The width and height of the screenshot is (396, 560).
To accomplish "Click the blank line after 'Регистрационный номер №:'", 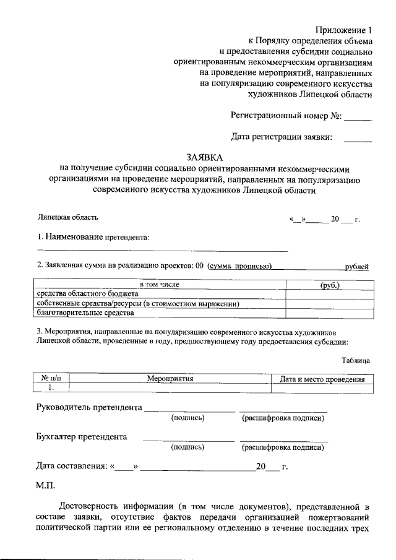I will pyautogui.click(x=358, y=116).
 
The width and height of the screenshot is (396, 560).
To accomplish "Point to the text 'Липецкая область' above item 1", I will pyautogui.click(x=67, y=217).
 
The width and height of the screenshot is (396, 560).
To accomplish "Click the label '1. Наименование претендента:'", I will pyautogui.click(x=93, y=236).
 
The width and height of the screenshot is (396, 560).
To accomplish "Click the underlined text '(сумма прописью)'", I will pyautogui.click(x=240, y=267).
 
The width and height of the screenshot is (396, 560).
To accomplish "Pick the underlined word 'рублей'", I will pyautogui.click(x=356, y=267).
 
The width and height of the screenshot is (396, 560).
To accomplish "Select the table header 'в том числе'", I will pyautogui.click(x=159, y=285).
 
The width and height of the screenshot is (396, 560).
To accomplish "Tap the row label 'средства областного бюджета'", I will pyautogui.click(x=83, y=294).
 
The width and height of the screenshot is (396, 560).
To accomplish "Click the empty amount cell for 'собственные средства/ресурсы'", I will pyautogui.click(x=329, y=304).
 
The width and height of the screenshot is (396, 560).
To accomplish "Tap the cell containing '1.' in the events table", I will pyautogui.click(x=51, y=387).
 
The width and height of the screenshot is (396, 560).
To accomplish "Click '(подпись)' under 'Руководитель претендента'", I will pyautogui.click(x=188, y=418).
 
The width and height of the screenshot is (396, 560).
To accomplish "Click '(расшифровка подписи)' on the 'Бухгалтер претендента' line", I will pyautogui.click(x=283, y=447).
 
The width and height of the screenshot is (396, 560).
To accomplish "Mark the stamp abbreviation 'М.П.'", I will pyautogui.click(x=46, y=487).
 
